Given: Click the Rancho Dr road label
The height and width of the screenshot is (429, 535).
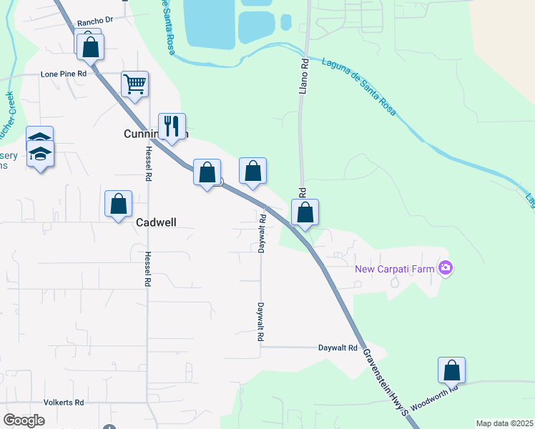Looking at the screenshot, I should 95,20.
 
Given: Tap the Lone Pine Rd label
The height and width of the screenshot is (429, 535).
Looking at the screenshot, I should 64,74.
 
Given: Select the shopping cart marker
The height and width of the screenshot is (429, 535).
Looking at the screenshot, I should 134,84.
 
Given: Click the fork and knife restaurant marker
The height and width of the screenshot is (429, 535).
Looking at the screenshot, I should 172,127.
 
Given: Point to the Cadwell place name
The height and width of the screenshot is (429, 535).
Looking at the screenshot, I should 156,223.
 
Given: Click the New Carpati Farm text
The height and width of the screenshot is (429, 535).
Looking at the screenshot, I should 396,269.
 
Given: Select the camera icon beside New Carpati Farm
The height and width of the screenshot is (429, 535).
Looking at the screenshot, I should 446,268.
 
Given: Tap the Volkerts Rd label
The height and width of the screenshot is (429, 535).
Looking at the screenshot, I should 64,403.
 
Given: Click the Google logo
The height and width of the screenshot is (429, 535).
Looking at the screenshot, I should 24,420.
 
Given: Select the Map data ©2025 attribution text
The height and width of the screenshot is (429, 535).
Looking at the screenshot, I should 504,423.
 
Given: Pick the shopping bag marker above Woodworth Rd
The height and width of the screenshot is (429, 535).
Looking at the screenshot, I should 451,370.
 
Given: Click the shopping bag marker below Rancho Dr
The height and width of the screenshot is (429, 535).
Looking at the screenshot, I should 90,46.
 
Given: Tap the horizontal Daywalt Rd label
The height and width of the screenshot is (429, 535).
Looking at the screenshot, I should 338,348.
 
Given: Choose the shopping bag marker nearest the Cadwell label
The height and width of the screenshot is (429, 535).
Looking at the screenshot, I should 119,204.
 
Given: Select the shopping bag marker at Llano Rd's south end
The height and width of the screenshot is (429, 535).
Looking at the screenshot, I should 305,212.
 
